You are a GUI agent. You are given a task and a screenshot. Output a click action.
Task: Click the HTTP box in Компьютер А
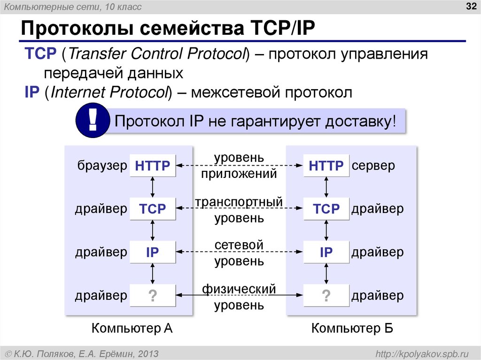coord(152,165)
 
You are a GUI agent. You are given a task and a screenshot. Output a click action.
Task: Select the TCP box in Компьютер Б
coord(326,209)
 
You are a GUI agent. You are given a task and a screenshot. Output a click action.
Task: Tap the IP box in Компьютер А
coord(152,253)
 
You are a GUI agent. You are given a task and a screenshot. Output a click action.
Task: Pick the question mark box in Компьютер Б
coord(326,296)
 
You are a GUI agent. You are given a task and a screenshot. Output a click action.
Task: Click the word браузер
coord(101,165)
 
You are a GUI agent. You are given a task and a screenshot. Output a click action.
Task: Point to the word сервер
coord(374,165)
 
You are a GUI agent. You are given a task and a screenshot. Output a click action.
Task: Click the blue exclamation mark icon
coord(93,121)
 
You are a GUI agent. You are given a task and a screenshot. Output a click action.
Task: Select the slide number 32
coord(470,7)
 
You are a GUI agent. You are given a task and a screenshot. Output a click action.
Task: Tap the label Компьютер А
coord(132,329)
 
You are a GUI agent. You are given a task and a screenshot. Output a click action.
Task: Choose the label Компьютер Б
coord(352,329)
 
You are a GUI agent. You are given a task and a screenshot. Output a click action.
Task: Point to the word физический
coord(239,289)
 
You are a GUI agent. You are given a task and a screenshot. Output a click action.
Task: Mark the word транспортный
coord(239,202)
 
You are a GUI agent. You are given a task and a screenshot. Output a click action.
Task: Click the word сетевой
coord(239,245)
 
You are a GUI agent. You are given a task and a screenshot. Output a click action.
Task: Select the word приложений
coord(239,174)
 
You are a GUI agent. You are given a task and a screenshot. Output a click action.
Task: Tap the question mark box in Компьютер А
coord(152,296)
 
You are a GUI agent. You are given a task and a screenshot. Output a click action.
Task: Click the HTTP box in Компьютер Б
coord(326,165)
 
